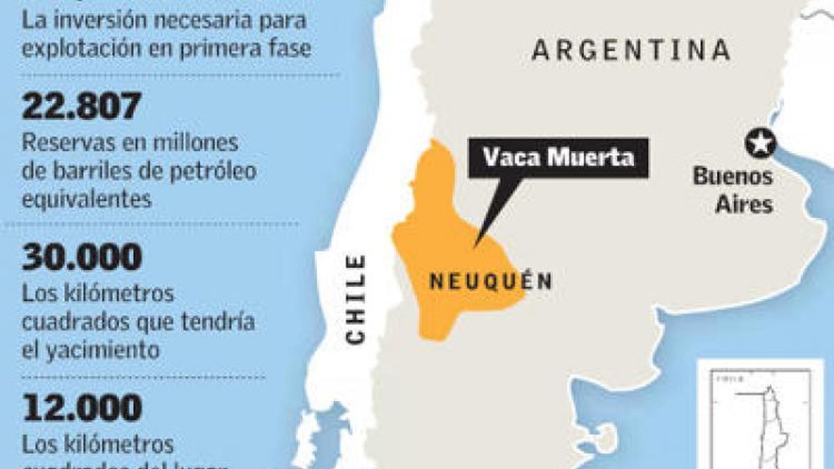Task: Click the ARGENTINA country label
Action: coord(630,51)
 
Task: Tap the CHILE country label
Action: coord(355,299)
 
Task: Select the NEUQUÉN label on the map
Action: coord(491,281)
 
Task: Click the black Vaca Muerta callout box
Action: coord(558,158)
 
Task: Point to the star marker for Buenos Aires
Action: coord(760,143)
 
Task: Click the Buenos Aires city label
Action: coord(733,190)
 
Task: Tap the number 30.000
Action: coord(82,258)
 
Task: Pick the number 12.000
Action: coord(82,408)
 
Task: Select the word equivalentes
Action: coord(86,199)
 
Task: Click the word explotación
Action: coord(88,49)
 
